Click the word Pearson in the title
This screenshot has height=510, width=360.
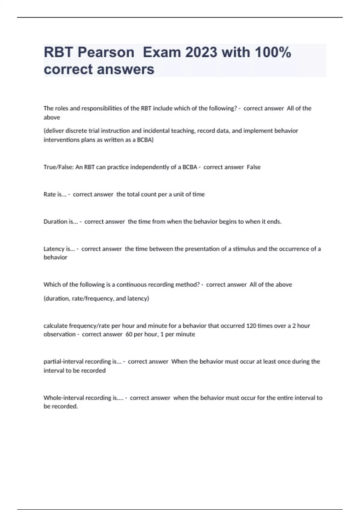[106, 52]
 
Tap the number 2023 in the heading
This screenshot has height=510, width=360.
[201, 52]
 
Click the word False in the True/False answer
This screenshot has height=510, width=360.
[253, 167]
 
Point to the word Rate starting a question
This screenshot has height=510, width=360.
[49, 194]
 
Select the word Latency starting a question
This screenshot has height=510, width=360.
[54, 249]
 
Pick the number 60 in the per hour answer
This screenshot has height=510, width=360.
[129, 334]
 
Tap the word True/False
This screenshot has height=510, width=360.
[58, 167]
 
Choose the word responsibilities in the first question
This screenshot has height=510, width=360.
[95, 108]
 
